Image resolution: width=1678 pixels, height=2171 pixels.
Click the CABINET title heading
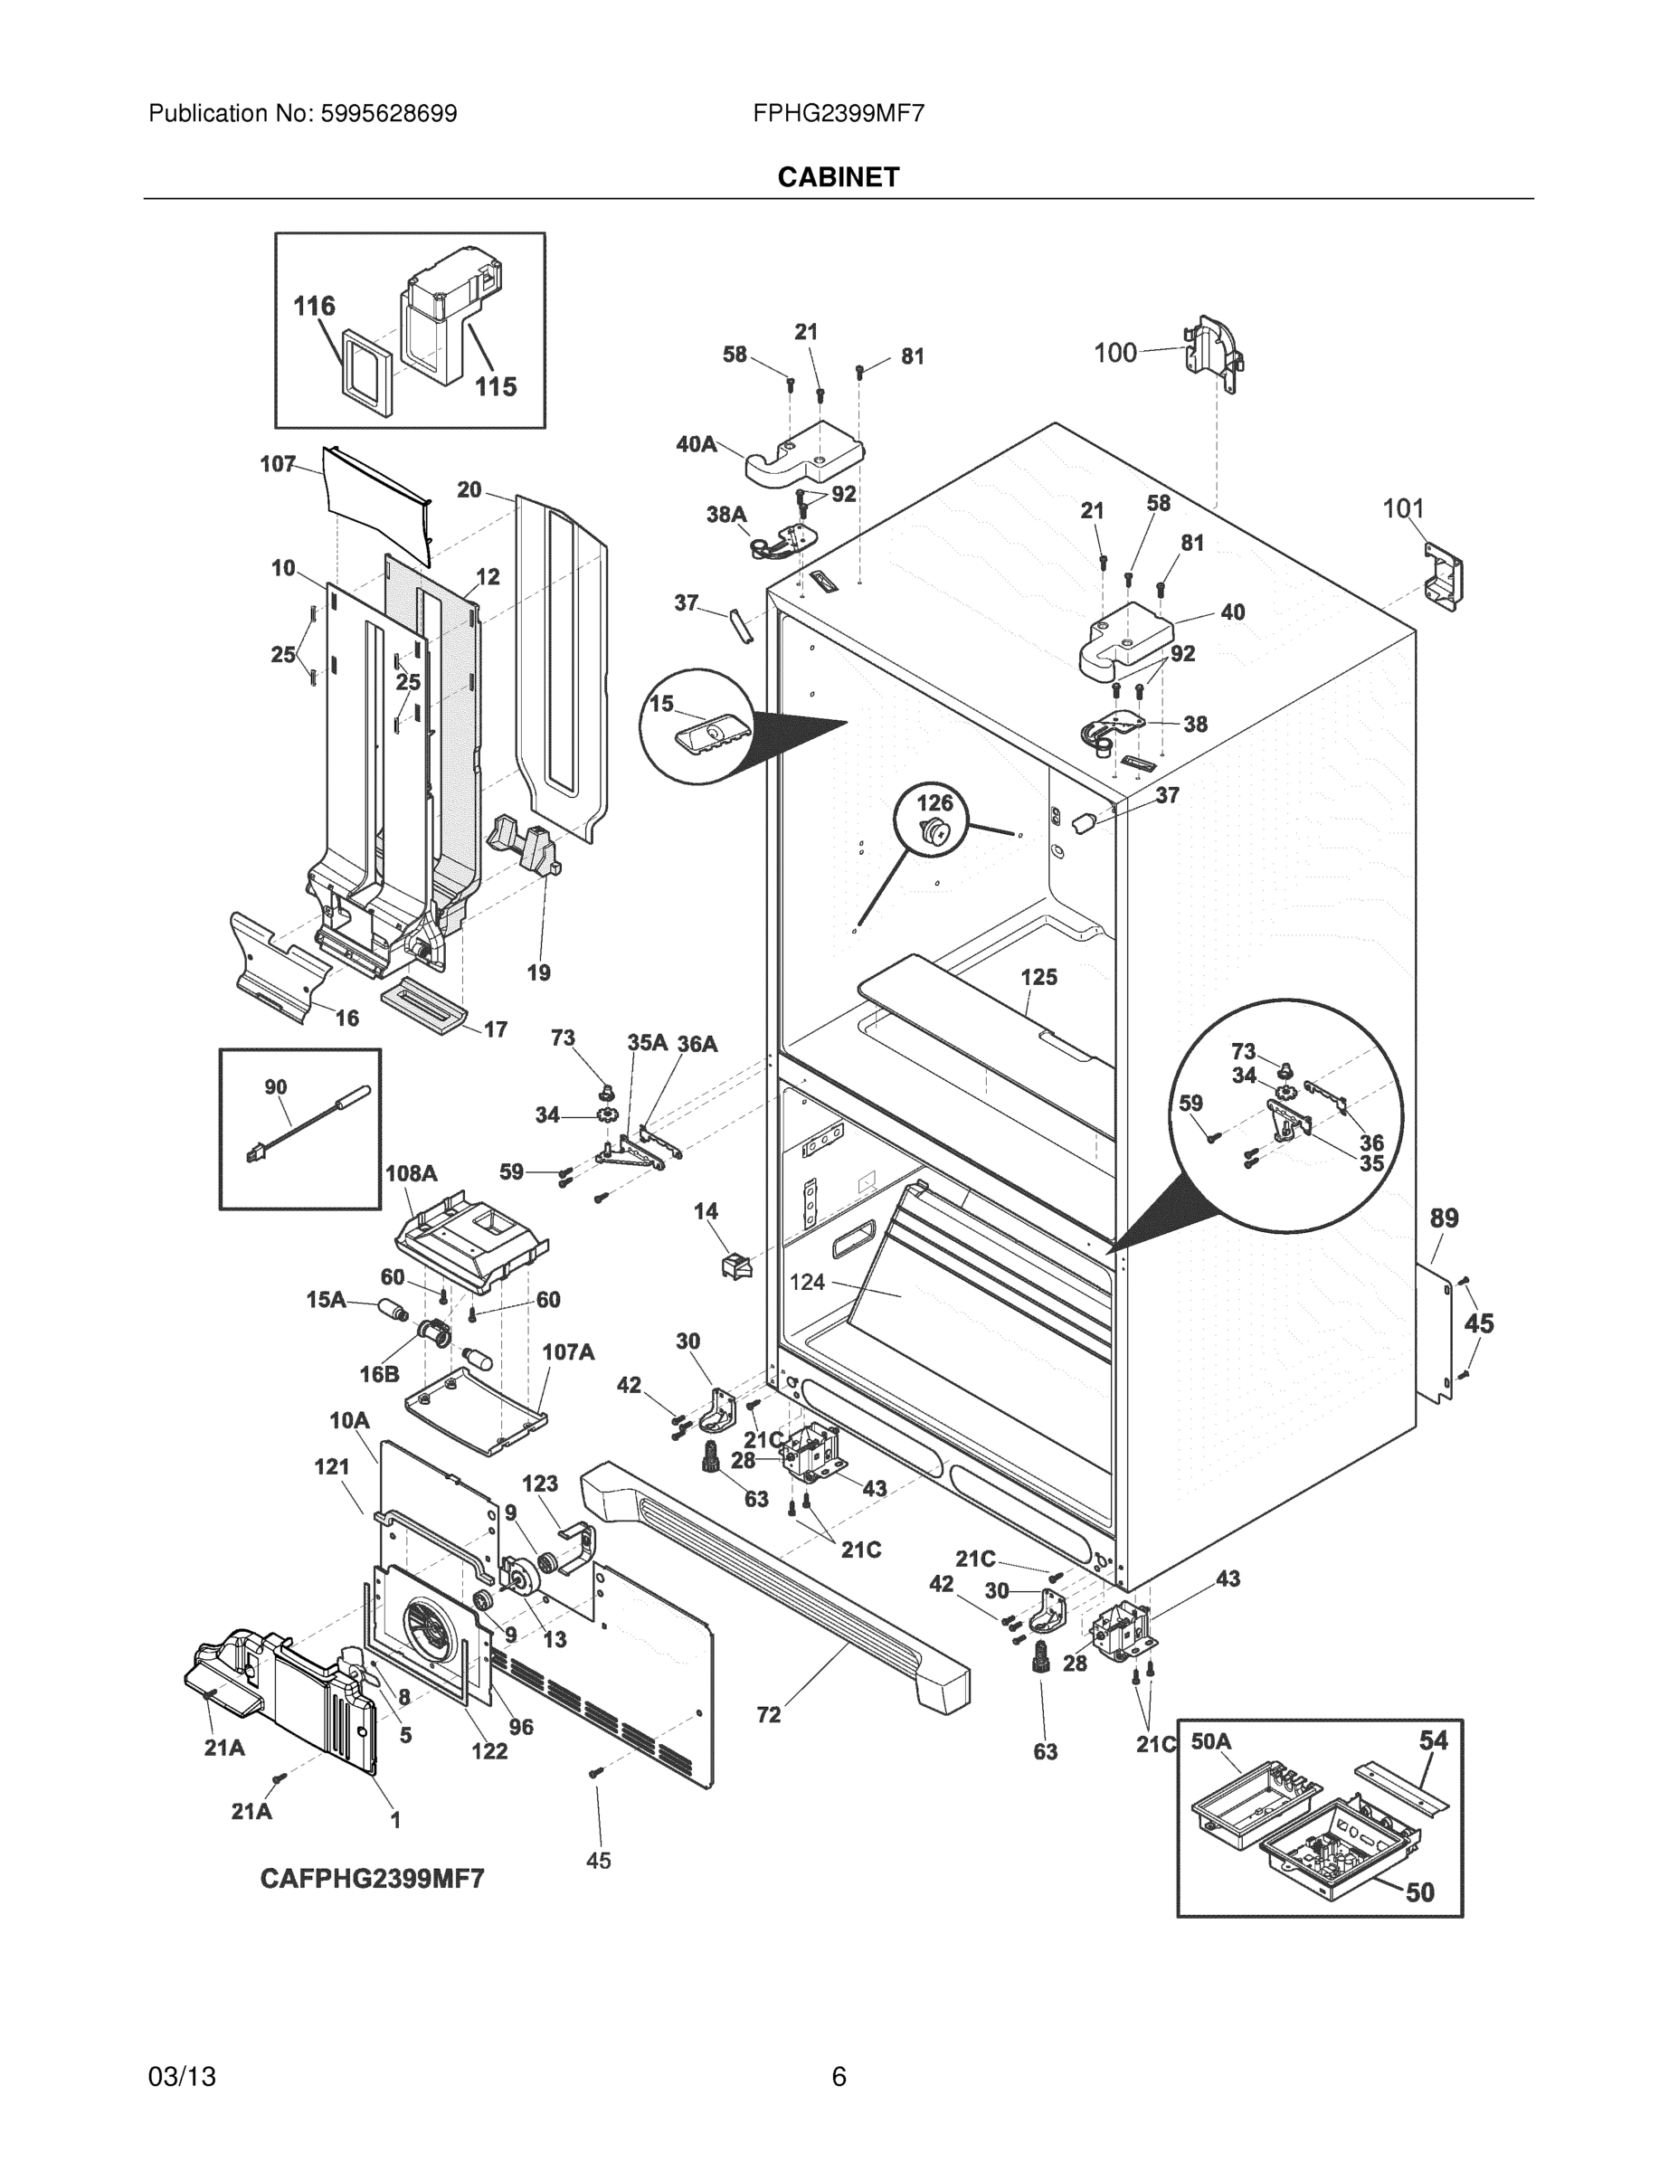[x=838, y=177]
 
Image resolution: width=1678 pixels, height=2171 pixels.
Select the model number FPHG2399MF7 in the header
[x=838, y=113]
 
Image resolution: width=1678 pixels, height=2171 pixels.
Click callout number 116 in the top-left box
[x=314, y=306]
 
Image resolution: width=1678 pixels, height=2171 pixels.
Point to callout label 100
[x=1114, y=353]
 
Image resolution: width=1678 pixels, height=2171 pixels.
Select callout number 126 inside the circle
[x=934, y=802]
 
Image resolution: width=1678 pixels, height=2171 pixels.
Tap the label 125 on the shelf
[x=1038, y=977]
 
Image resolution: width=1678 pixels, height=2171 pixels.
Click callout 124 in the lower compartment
[x=807, y=1283]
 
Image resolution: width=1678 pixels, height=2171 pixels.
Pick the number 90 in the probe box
[x=275, y=1086]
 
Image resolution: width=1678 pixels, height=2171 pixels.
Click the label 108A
[x=411, y=1173]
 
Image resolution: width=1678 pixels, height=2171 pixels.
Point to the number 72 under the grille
[x=768, y=1715]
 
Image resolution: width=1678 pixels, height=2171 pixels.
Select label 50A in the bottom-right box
[x=1211, y=1741]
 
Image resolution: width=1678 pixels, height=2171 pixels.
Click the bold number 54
[x=1433, y=1740]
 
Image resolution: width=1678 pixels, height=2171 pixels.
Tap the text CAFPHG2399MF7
[x=372, y=1879]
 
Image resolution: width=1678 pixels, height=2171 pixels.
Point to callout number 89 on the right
[x=1444, y=1218]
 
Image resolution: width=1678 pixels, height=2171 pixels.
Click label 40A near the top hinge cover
[x=696, y=444]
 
